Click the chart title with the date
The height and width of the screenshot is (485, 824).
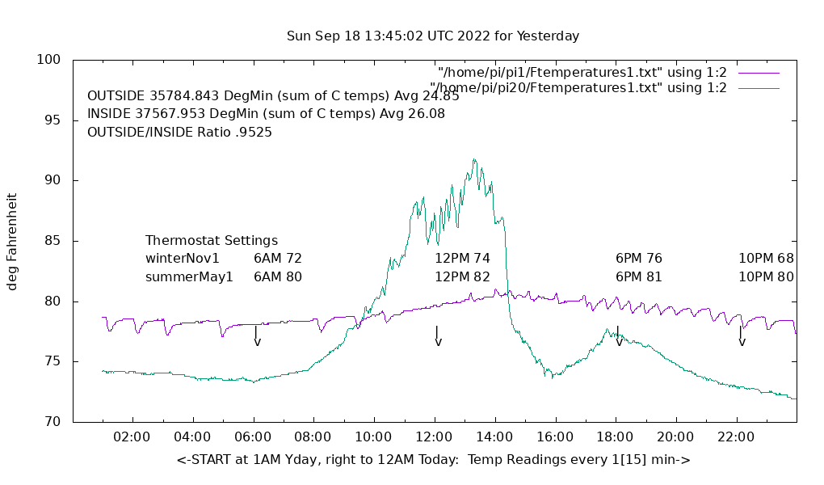pos(433,36)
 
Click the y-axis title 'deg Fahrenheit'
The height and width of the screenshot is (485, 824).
pos(12,241)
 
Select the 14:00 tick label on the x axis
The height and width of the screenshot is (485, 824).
pos(494,437)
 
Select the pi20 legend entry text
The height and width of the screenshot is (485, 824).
pos(578,88)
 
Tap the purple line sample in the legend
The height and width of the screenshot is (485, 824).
pos(759,73)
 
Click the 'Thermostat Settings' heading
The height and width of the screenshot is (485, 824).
pos(212,241)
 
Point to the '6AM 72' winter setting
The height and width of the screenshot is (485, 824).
pos(278,259)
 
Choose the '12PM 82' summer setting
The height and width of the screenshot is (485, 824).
pos(462,276)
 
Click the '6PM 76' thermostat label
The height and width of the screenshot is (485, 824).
pos(639,259)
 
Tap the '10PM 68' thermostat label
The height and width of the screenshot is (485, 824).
pos(766,259)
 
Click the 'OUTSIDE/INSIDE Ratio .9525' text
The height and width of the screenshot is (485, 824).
pos(179,132)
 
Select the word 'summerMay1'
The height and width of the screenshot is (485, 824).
pos(189,276)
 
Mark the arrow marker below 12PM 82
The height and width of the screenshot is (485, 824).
pos(437,336)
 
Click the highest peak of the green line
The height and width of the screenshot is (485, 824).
pos(474,160)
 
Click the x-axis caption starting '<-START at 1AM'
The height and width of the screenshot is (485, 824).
pos(433,460)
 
